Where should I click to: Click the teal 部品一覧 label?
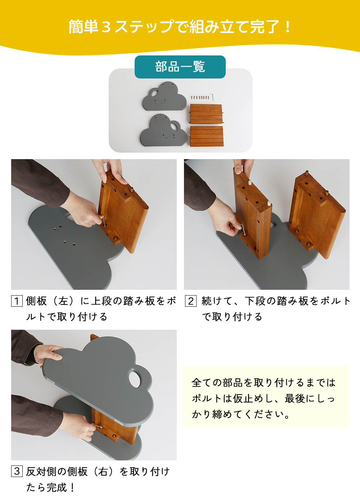[180, 67]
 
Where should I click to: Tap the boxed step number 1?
[17, 301]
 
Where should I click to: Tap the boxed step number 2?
[191, 301]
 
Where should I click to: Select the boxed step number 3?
[17, 471]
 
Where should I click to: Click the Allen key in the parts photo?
[212, 97]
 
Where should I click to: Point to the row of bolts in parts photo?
[200, 98]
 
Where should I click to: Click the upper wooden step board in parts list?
[206, 113]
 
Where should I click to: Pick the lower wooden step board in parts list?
[207, 136]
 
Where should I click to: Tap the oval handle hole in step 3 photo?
[135, 380]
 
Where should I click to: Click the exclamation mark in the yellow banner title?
[287, 27]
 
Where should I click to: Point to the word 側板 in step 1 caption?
[36, 301]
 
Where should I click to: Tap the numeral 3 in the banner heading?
[106, 27]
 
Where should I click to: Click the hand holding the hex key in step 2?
[227, 220]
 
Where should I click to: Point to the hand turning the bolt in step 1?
[83, 212]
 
